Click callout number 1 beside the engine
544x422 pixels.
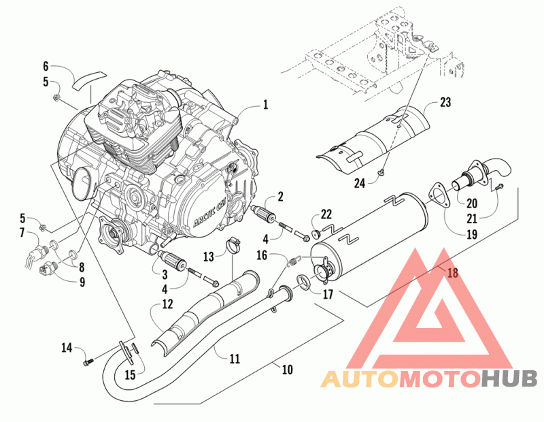click(x=265, y=104)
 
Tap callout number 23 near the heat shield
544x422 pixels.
click(x=445, y=102)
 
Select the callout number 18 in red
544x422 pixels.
click(x=452, y=273)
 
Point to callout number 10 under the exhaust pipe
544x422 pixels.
click(x=287, y=370)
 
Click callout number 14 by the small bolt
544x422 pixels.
click(x=67, y=347)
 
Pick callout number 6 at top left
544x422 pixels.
click(x=46, y=66)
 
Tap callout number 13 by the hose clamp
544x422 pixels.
click(x=209, y=257)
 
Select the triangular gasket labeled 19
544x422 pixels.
click(x=439, y=196)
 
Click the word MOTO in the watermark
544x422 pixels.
click(x=441, y=379)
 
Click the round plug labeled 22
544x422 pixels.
click(x=316, y=233)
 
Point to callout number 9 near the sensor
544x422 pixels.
click(x=82, y=282)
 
